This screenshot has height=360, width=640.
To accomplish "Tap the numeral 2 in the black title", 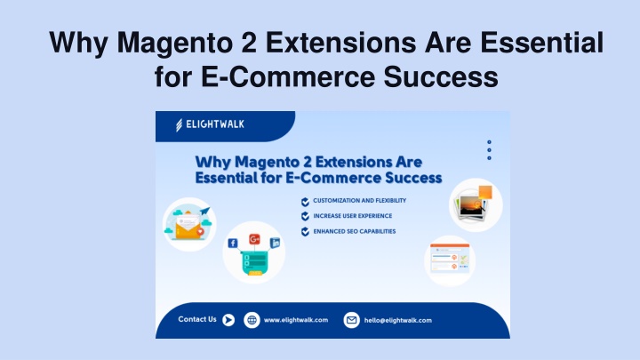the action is pyautogui.click(x=249, y=42).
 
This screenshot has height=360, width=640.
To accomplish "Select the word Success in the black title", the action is pyautogui.click(x=441, y=76).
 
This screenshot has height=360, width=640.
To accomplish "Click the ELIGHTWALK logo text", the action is pyautogui.click(x=215, y=124).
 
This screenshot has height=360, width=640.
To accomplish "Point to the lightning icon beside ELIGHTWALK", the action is pyautogui.click(x=179, y=125).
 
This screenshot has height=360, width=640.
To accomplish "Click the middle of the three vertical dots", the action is pyautogui.click(x=489, y=150).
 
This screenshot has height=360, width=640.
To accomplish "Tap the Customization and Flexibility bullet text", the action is pyautogui.click(x=360, y=200).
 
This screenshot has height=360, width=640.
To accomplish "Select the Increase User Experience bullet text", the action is pyautogui.click(x=353, y=216).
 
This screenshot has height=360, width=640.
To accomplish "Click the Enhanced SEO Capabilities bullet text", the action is pyautogui.click(x=355, y=231).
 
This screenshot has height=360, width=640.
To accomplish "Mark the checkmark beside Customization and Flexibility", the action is pyautogui.click(x=305, y=202).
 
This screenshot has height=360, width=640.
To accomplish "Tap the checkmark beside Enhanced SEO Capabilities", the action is pyautogui.click(x=305, y=232).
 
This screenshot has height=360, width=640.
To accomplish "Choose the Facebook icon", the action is pyautogui.click(x=233, y=244).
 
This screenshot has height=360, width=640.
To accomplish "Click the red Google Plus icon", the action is pyautogui.click(x=254, y=239).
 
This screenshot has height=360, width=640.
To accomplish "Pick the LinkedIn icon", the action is pyautogui.click(x=275, y=243).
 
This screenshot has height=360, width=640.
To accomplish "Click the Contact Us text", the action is pyautogui.click(x=197, y=319).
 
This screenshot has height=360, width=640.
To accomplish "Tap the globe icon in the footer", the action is pyautogui.click(x=252, y=320).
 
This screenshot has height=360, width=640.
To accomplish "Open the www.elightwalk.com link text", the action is pyautogui.click(x=296, y=320).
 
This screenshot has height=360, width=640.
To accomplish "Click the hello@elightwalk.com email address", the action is pyautogui.click(x=398, y=320).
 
